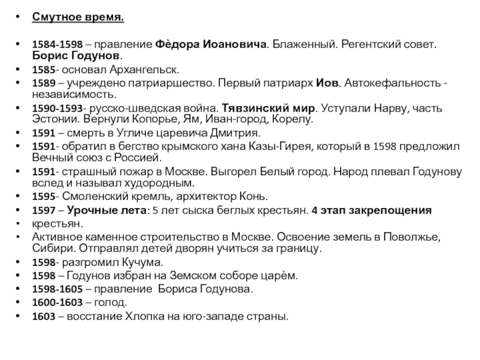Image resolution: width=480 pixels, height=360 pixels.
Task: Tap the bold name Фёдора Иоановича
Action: pyautogui.click(x=211, y=45)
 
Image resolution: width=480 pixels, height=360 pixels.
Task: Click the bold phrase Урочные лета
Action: pyautogui.click(x=104, y=210)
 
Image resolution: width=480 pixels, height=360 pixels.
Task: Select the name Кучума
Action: pyautogui.click(x=134, y=262)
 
